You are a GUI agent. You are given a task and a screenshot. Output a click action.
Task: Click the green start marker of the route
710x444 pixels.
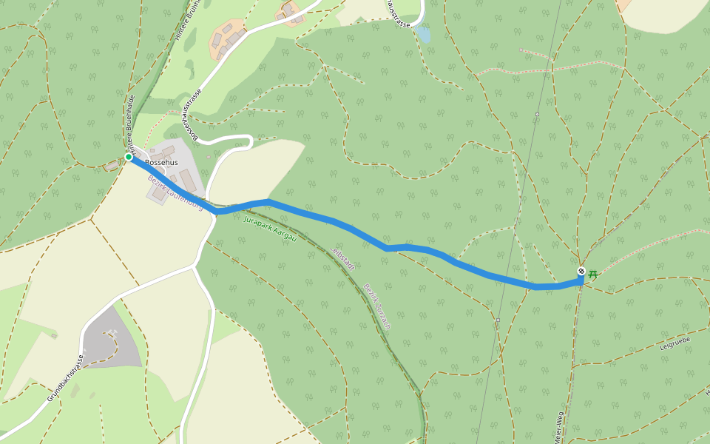click(129, 157)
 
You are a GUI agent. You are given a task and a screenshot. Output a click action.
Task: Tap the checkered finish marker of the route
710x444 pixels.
click(581, 272)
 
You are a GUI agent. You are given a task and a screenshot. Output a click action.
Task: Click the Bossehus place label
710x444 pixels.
click(161, 162)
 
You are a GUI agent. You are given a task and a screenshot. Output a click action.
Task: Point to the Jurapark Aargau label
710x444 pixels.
click(270, 229)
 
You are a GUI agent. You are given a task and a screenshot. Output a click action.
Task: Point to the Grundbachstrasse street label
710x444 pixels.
click(64, 377)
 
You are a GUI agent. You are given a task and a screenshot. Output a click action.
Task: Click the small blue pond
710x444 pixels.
click(422, 34)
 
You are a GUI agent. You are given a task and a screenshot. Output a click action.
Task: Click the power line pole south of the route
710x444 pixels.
click(498, 320)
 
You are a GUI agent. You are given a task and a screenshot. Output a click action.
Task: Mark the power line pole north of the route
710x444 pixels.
click(537, 115)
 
